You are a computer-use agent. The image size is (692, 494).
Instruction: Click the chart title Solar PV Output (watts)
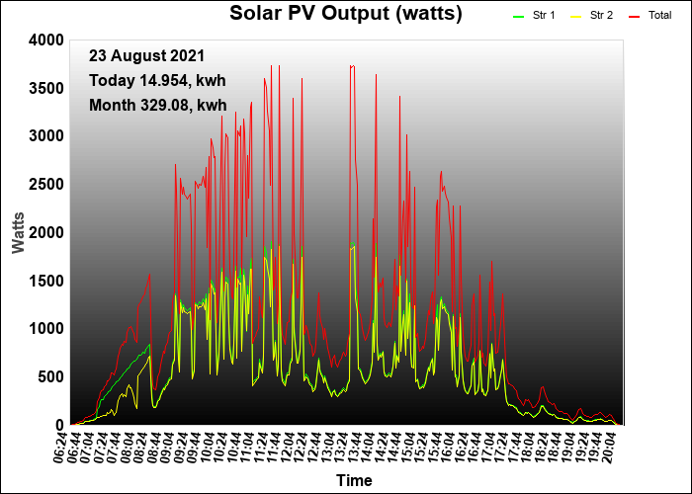(x=346, y=13)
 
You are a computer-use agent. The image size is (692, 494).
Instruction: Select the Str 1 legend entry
(x=534, y=16)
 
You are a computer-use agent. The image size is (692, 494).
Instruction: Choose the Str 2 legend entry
(x=591, y=16)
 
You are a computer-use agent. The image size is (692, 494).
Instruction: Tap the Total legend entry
(x=650, y=16)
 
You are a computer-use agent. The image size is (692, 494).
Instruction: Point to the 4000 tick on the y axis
(x=46, y=41)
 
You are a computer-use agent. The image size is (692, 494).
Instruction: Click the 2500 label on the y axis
(x=46, y=185)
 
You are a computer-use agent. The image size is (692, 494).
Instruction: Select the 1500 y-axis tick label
(x=46, y=281)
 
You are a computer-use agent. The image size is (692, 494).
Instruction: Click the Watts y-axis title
(x=19, y=233)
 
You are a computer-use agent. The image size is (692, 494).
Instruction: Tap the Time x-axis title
(x=354, y=480)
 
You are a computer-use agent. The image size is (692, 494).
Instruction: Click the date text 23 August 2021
(x=147, y=56)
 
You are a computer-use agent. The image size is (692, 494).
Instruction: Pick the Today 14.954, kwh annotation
(x=157, y=81)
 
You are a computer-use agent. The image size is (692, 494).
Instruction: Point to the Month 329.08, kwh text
(x=158, y=106)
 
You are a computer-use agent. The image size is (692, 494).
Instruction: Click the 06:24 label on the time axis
(x=61, y=447)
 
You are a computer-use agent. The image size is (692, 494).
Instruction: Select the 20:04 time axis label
(x=610, y=447)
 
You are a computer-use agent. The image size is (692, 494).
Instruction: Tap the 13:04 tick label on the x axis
(x=329, y=447)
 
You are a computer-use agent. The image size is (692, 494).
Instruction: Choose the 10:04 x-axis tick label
(x=209, y=447)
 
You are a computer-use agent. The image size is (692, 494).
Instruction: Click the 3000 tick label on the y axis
(x=46, y=136)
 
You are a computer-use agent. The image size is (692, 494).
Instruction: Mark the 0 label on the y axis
(x=60, y=425)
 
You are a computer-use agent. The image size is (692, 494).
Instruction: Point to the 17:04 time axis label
(x=489, y=447)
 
